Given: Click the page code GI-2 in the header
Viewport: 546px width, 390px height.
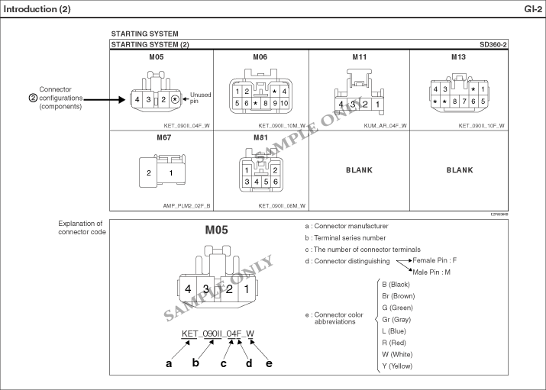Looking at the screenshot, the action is coord(533,9).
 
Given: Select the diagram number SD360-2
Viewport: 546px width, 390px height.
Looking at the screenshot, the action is coord(493,44).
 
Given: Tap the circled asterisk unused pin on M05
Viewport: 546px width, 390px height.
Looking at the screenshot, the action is coord(175,99).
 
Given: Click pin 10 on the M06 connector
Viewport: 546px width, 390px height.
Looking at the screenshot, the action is coord(284,103).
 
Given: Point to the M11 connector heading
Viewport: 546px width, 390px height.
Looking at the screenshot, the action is coord(360,57).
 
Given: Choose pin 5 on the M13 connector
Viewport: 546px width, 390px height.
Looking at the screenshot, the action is coord(483,102).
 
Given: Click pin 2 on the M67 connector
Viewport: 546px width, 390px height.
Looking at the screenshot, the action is coord(149,173).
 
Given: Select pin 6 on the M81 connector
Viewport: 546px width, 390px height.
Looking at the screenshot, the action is coord(276,182).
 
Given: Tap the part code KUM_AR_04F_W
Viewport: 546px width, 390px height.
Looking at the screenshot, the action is coord(385,126).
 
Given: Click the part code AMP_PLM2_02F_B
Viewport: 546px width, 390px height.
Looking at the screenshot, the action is coord(186,206).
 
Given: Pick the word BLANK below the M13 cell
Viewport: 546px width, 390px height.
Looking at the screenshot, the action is coord(460,170).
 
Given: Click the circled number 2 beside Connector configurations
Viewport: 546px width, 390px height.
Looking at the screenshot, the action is coord(33,98).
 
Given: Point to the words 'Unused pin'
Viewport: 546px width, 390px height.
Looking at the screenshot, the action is coord(200,98).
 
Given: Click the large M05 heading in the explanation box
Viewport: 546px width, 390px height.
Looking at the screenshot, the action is coord(216,230).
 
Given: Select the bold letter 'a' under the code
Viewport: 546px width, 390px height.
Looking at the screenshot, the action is coord(169,363).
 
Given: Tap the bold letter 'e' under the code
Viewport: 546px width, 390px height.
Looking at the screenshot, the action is coord(269,363).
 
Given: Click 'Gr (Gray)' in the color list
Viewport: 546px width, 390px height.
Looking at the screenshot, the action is coord(396,319).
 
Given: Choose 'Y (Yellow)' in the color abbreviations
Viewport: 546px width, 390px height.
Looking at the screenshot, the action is coord(397,366).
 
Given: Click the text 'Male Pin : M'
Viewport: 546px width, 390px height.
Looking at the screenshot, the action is coord(431,272).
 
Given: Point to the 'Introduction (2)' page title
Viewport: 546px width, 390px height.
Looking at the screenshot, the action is coord(37,9).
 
